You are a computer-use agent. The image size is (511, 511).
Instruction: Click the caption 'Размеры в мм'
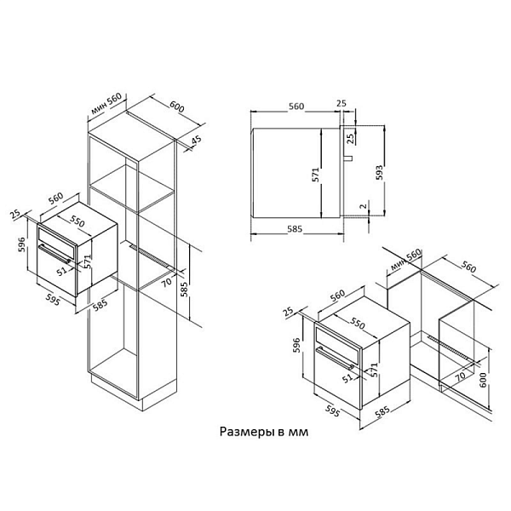tap(264, 432)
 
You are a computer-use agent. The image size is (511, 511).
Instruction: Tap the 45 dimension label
tap(196, 141)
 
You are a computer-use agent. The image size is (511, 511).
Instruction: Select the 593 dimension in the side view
tap(379, 173)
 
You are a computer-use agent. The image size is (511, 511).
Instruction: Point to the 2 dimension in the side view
tap(364, 206)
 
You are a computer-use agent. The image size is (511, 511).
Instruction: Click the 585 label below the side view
tap(295, 229)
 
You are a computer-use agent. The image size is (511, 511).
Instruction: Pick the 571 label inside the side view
tap(315, 175)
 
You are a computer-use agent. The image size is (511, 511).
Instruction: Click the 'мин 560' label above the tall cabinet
tap(106, 103)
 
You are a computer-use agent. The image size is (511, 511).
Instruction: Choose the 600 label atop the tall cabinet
tap(177, 106)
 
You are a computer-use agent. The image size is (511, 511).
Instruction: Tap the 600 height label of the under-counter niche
tap(483, 380)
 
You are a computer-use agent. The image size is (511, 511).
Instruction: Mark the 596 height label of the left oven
tap(21, 245)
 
